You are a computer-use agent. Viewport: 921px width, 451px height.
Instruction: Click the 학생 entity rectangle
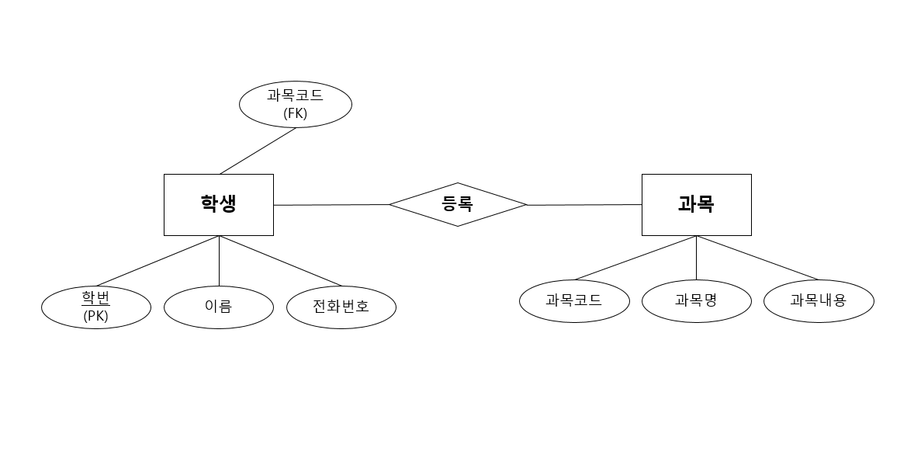tap(218, 204)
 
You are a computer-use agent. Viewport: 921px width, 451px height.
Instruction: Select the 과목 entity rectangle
tap(696, 204)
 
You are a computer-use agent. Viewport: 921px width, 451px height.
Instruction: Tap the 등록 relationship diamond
tap(457, 204)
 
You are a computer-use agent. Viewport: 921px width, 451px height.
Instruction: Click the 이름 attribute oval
tap(218, 307)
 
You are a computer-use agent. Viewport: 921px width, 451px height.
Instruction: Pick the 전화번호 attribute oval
tap(341, 307)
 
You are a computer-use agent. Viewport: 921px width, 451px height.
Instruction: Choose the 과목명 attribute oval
tap(696, 300)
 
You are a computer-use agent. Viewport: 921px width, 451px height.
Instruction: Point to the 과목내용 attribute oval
tap(818, 300)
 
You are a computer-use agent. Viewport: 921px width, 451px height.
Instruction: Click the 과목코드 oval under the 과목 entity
tap(574, 300)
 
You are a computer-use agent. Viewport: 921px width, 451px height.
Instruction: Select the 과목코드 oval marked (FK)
tap(295, 104)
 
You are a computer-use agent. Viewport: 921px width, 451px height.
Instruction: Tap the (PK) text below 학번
tap(96, 316)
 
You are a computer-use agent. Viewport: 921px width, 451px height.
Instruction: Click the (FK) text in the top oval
tap(295, 113)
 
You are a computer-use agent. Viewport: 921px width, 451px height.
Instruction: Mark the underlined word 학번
tap(96, 299)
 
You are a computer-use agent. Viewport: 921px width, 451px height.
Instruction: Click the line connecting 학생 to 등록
tap(331, 205)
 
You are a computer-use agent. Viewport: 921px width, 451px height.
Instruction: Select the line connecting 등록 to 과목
tap(584, 205)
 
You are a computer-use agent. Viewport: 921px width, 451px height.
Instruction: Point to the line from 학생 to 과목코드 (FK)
tap(258, 151)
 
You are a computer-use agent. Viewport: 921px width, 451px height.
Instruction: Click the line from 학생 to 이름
tap(219, 261)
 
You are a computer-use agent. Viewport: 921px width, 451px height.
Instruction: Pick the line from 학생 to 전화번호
tap(280, 260)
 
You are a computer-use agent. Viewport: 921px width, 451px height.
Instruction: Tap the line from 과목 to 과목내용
tap(757, 258)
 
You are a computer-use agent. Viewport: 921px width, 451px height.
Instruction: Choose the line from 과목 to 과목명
tap(696, 258)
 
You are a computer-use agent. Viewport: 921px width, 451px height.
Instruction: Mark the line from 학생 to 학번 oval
tap(158, 261)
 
